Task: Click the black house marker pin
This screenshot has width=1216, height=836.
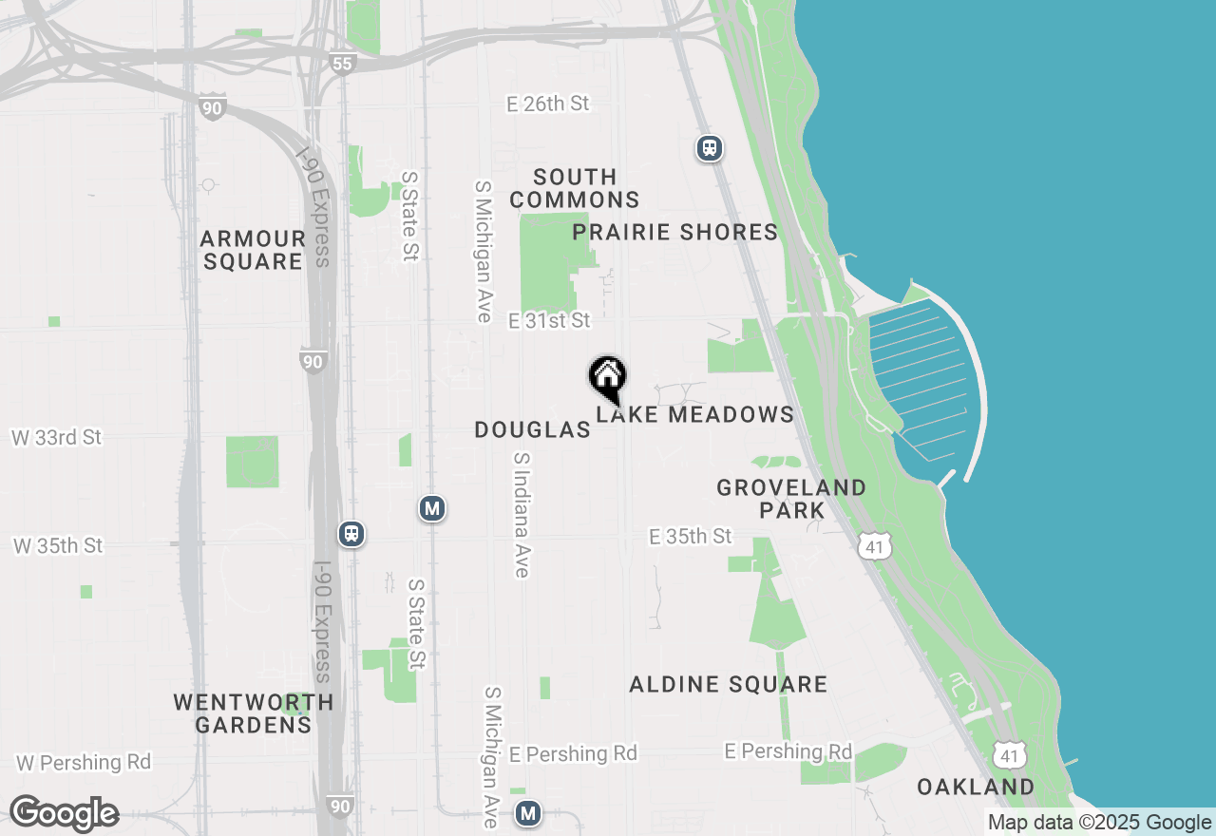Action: [607, 378]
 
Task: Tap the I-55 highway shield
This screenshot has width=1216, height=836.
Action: [343, 64]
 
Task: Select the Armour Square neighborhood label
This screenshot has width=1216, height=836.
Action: [253, 250]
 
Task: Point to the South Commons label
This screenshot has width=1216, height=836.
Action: [574, 188]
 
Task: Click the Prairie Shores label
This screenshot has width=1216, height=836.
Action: [674, 232]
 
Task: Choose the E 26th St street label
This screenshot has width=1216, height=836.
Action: [548, 104]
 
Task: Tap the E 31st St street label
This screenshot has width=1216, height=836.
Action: [549, 321]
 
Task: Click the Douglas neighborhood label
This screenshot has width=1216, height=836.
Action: [532, 429]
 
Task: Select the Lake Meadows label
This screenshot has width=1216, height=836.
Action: [695, 414]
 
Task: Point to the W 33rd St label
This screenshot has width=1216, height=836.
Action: [56, 438]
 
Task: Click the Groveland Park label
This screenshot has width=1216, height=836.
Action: [791, 499]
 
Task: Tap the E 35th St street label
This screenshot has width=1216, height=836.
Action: [691, 537]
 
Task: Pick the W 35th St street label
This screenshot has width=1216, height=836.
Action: [58, 546]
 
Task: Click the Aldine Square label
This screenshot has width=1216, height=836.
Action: [728, 684]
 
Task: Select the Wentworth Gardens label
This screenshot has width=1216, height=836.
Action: [254, 713]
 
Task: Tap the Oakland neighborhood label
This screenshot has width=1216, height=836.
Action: [976, 787]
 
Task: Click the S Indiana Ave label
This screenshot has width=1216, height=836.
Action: [521, 514]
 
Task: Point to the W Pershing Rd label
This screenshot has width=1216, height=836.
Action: [84, 762]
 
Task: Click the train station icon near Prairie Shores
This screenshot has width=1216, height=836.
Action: [709, 148]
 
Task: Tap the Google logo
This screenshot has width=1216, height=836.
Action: [64, 813]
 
